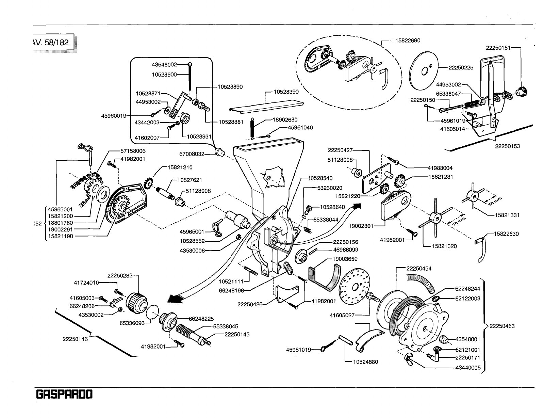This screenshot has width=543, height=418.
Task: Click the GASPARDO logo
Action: point(64,395)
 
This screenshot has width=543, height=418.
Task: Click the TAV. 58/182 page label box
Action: point(53,43)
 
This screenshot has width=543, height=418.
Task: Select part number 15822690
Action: point(408,41)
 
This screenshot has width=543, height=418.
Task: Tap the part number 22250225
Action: point(461,68)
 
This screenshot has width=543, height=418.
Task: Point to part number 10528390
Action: point(286,92)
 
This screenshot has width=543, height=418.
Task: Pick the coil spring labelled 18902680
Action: point(253,128)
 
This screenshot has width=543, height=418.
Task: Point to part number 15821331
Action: point(507,215)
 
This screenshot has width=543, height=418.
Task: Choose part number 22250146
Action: point(75,339)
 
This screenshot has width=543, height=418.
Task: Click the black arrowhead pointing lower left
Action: point(175,299)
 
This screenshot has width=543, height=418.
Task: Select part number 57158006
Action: point(133,150)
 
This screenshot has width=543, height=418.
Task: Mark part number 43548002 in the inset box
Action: point(164,64)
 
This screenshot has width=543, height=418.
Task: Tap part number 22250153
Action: point(507,146)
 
